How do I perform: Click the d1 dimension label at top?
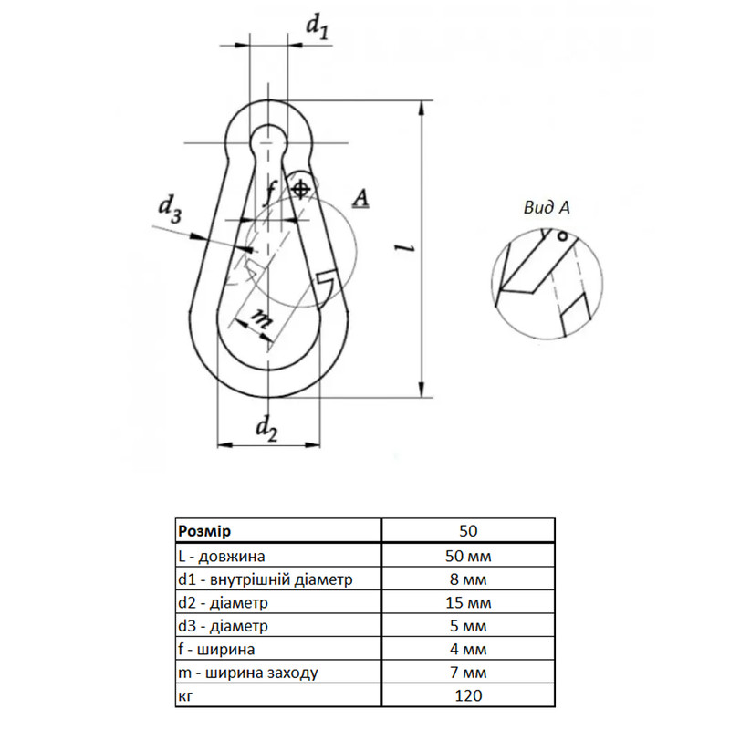[x=318, y=26]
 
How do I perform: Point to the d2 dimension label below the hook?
[x=266, y=428]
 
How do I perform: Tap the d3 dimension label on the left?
[x=170, y=209]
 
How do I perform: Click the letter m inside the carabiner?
[x=261, y=318]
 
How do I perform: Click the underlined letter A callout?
[x=360, y=198]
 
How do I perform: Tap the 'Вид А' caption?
[x=547, y=208]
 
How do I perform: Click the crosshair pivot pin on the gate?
[x=301, y=190]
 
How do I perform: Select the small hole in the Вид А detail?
[x=562, y=236]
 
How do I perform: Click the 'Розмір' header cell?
[x=204, y=531]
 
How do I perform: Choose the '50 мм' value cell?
[x=468, y=556]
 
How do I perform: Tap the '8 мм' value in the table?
[x=468, y=579]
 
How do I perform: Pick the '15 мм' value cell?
[x=468, y=602]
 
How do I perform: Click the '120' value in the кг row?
[x=468, y=695]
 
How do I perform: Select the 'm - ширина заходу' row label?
[x=248, y=673]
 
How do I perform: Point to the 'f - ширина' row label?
[x=216, y=649]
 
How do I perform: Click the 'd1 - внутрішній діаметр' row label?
[x=266, y=579]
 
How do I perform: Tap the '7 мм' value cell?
[x=468, y=673]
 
